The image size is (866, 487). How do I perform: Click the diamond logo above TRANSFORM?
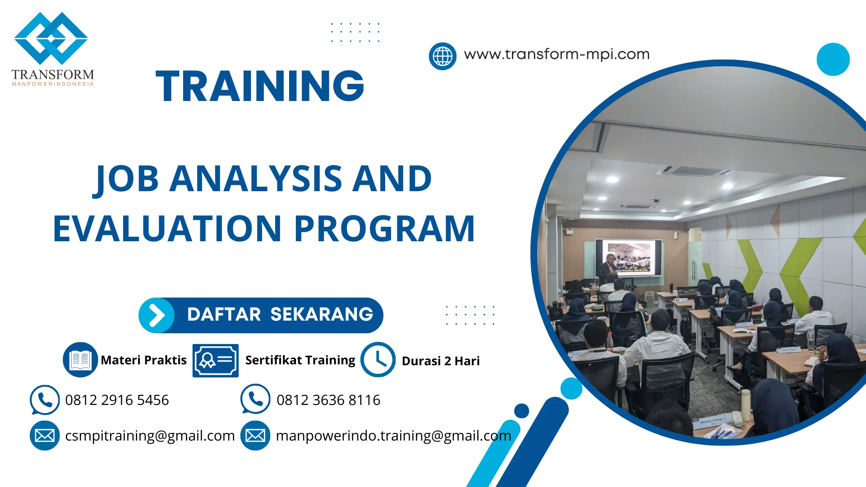[51, 38]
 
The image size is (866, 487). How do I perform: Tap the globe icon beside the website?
[442, 56]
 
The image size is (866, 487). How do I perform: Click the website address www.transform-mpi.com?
[557, 55]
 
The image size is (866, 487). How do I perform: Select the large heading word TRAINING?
[260, 86]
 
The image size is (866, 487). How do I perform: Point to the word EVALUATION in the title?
[167, 229]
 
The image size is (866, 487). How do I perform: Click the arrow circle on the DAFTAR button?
[157, 315]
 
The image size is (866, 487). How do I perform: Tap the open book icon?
[80, 359]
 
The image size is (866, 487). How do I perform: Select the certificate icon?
[216, 360]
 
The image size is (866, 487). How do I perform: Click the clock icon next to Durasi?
[378, 359]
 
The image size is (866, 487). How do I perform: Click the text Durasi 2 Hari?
[441, 361]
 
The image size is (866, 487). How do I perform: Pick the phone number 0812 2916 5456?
[117, 400]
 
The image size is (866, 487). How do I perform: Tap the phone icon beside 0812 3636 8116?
[255, 399]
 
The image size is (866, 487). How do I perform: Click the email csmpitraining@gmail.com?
[150, 436]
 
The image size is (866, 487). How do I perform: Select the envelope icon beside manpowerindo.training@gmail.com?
[255, 436]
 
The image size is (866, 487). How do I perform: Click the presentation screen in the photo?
[628, 257]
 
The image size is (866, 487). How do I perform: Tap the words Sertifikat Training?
[300, 360]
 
